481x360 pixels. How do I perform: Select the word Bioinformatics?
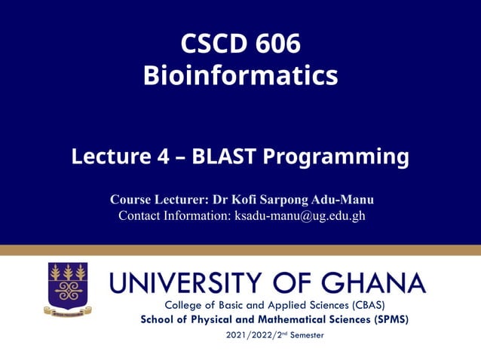pyautogui.click(x=240, y=75)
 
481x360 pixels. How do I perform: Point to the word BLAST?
pyautogui.click(x=224, y=157)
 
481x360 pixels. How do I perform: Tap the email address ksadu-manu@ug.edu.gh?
pyautogui.click(x=300, y=215)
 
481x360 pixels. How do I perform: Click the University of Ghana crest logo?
pyautogui.click(x=68, y=288)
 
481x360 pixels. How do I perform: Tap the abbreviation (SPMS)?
pyautogui.click(x=384, y=319)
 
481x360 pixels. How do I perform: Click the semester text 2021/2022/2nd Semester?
pyautogui.click(x=274, y=334)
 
